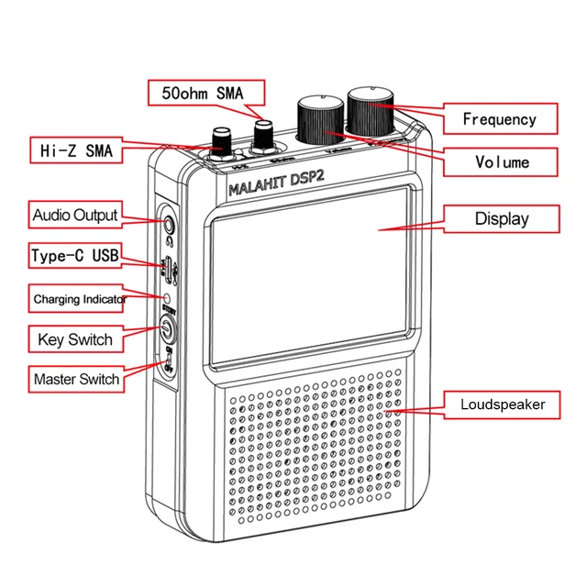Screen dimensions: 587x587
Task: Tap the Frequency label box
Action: pyautogui.click(x=499, y=119)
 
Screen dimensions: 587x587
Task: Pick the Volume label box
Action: pyautogui.click(x=502, y=161)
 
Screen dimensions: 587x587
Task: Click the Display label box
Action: pyautogui.click(x=501, y=219)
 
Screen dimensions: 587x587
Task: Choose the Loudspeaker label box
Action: pyautogui.click(x=503, y=404)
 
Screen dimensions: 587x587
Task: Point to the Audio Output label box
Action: pyautogui.click(x=75, y=216)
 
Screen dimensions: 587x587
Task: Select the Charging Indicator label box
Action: pyautogui.click(x=79, y=299)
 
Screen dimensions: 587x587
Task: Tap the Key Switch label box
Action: pyautogui.click(x=75, y=339)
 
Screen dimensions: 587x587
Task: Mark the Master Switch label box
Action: pyautogui.click(x=76, y=379)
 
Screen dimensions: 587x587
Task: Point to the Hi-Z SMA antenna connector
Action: pyautogui.click(x=221, y=144)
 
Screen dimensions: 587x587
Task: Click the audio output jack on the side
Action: pyautogui.click(x=168, y=222)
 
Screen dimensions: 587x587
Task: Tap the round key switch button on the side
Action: pyautogui.click(x=167, y=330)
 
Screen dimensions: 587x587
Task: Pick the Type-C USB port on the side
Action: pyautogui.click(x=168, y=267)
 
